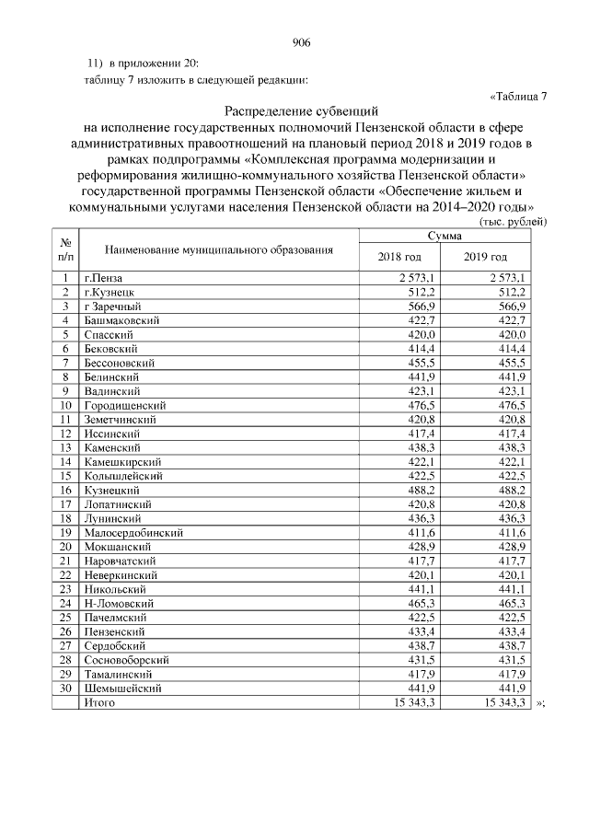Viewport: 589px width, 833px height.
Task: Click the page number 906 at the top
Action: [x=301, y=42]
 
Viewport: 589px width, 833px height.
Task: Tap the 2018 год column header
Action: [x=399, y=256]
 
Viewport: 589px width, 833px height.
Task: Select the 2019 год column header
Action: [x=485, y=256]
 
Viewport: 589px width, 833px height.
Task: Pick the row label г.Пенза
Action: [x=101, y=277]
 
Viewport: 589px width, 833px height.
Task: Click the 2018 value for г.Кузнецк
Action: [x=421, y=292]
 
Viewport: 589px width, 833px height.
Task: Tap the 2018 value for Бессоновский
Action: [x=421, y=363]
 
